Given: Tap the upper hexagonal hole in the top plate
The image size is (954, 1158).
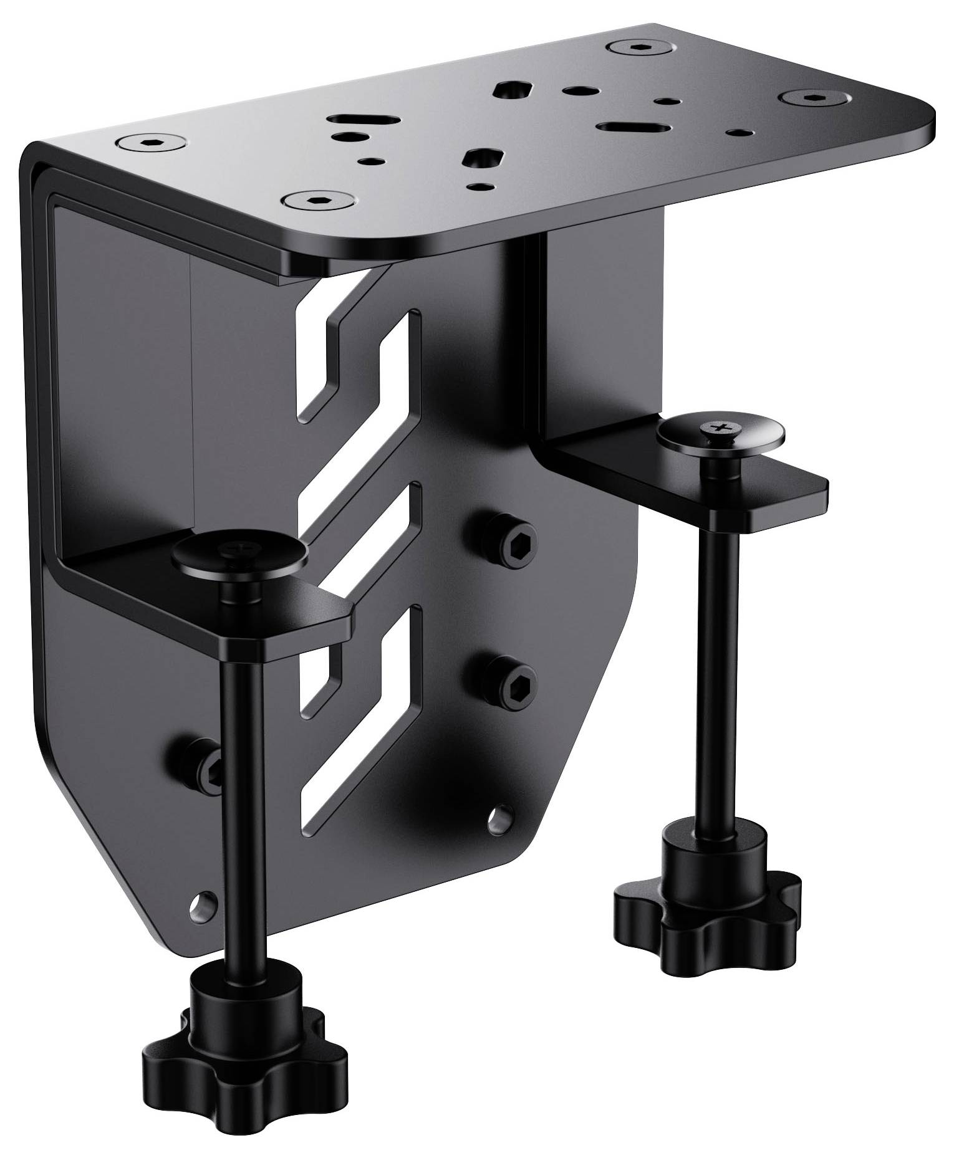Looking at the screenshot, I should tap(509, 92).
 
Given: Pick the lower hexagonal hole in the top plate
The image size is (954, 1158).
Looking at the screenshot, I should tap(481, 160).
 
